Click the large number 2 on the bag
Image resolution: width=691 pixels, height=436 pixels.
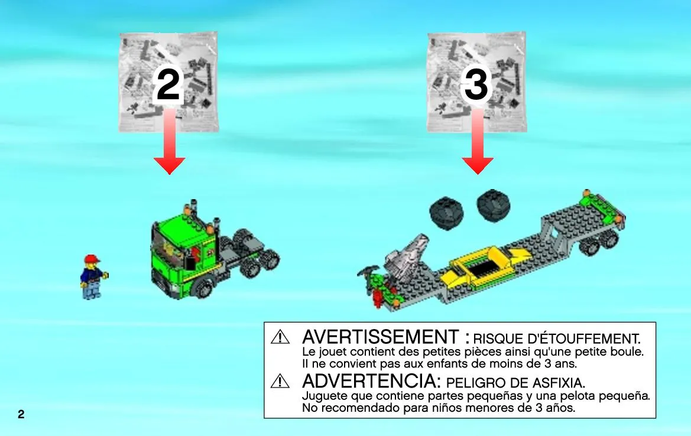point(168,86)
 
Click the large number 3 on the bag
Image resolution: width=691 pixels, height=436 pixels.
point(476,86)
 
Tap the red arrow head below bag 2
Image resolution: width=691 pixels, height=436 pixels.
point(169,165)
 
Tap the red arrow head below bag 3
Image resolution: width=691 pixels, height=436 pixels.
point(477,165)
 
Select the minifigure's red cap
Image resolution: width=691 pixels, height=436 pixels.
point(92,259)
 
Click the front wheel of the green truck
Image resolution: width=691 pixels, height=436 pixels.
point(203,288)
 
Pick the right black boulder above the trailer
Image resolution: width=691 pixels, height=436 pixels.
point(494,206)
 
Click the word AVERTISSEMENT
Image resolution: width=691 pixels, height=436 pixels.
point(380,337)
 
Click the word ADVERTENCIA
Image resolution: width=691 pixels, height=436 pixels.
point(371,381)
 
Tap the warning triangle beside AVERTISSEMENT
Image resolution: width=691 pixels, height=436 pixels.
point(280,337)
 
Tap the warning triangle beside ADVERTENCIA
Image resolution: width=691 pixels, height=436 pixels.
point(280,381)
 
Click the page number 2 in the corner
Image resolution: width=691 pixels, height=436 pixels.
point(21,414)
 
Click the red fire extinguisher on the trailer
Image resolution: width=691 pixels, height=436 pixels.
point(377,298)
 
